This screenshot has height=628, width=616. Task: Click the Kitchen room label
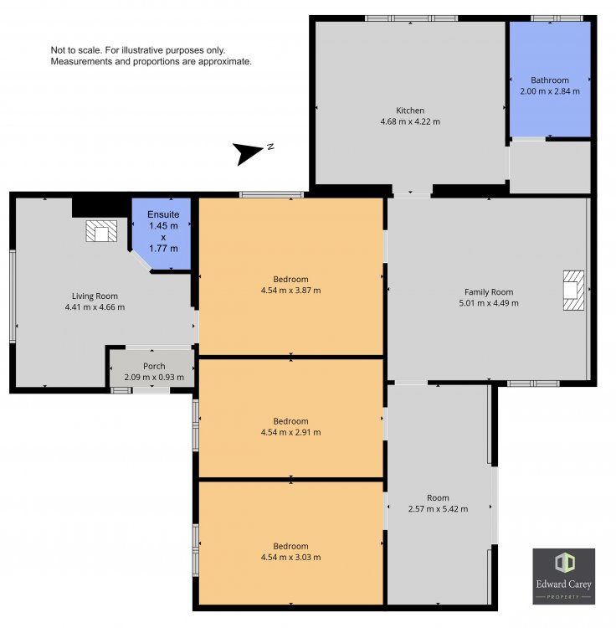410,111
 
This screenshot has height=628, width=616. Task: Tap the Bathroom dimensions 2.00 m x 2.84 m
550,91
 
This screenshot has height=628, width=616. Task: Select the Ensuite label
163,214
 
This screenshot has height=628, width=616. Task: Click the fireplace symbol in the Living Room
101,231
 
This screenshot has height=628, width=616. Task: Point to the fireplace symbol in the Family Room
573,291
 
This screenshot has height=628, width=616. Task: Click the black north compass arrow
248,153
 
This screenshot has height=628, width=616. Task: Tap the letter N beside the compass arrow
270,147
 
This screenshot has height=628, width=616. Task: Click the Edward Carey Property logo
563,576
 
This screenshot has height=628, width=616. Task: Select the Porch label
154,366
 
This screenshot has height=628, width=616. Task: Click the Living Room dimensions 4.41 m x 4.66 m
95,307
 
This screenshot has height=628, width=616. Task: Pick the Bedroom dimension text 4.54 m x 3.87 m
290,291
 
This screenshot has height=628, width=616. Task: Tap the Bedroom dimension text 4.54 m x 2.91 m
290,433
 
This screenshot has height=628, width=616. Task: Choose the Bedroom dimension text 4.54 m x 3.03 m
290,558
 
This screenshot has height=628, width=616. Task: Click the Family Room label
489,292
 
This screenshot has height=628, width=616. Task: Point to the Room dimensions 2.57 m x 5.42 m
438,509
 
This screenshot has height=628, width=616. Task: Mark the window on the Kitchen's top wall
411,18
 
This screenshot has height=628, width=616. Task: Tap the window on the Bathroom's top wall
557,18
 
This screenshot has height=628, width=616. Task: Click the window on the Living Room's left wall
13,296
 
